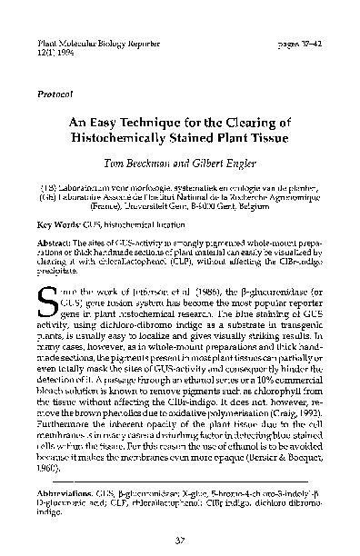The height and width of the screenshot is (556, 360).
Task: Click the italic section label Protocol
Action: [x=57, y=93]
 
